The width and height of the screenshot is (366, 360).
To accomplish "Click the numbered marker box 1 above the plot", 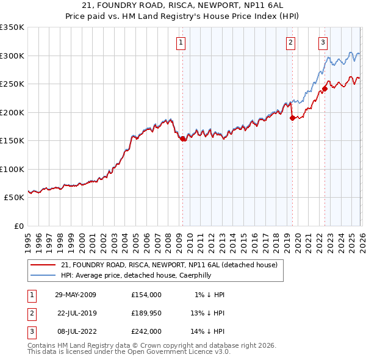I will (x=182, y=42).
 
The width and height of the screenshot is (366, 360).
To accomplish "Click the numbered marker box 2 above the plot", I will (x=290, y=42).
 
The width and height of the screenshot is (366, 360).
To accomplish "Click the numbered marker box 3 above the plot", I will (x=323, y=42).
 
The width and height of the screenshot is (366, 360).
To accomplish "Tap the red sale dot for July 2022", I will (x=325, y=88).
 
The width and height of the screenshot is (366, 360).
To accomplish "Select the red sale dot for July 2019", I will (x=292, y=118).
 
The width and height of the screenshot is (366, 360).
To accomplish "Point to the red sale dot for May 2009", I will (x=182, y=139).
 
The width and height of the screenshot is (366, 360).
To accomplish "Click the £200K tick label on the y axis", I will (x=12, y=112).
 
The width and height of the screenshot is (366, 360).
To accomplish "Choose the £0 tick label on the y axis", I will (x=18, y=226).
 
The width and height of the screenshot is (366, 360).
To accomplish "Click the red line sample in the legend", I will (x=43, y=265).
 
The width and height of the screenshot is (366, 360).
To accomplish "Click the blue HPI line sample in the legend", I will (x=43, y=275).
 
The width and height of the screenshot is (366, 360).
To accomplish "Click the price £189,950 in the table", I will (x=146, y=313).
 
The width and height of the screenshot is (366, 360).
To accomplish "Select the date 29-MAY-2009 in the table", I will (x=76, y=295).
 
